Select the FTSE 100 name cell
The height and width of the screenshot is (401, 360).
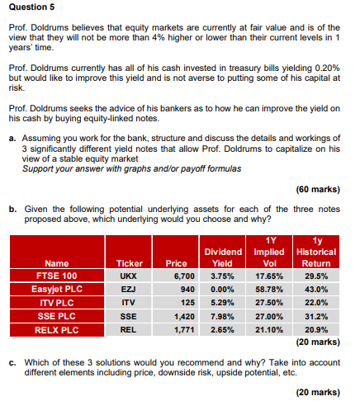pyautogui.click(x=58, y=275)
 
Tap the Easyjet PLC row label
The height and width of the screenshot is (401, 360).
pyautogui.click(x=58, y=289)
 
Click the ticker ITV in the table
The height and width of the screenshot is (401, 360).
pyautogui.click(x=128, y=303)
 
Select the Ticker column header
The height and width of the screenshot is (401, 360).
pyautogui.click(x=128, y=262)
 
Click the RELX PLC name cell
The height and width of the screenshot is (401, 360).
pyautogui.click(x=58, y=331)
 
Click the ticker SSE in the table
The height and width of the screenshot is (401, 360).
pyautogui.click(x=128, y=317)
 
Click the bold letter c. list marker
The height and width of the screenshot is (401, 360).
pyautogui.click(x=13, y=364)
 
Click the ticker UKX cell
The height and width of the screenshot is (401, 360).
pyautogui.click(x=128, y=275)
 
